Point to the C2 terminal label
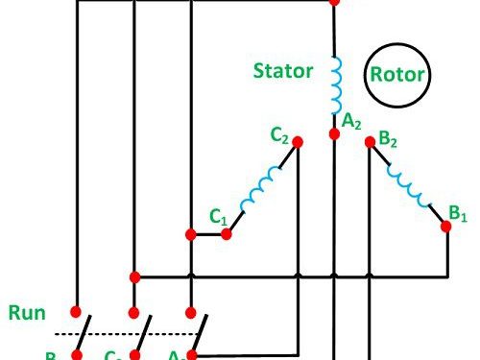coord(279,136)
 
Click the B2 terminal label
coord(389,140)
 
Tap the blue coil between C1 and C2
coord(260,192)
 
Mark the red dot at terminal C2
coord(298,142)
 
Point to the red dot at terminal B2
coord(371,142)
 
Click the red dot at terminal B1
coord(446,227)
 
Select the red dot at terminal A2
coord(334,133)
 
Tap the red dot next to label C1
coord(228,232)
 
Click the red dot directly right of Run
coord(76,311)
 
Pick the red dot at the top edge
coord(334,2)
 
